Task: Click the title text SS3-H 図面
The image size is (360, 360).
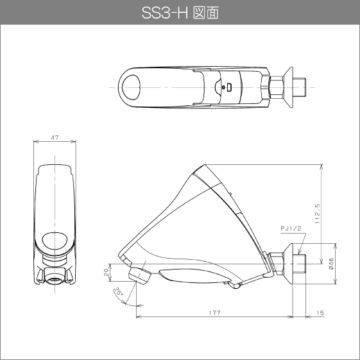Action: tap(180, 13)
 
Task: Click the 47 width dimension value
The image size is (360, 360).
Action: tap(55, 137)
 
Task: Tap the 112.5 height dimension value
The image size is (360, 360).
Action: tap(317, 214)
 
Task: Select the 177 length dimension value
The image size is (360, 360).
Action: tap(215, 313)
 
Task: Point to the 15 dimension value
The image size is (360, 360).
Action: tap(320, 313)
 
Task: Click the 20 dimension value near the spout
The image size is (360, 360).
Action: tap(107, 272)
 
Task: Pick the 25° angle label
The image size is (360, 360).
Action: tap(119, 291)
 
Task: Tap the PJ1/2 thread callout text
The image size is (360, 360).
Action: tap(291, 228)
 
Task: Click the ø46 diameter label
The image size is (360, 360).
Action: tap(331, 264)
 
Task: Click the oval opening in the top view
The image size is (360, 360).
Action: tap(131, 87)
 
